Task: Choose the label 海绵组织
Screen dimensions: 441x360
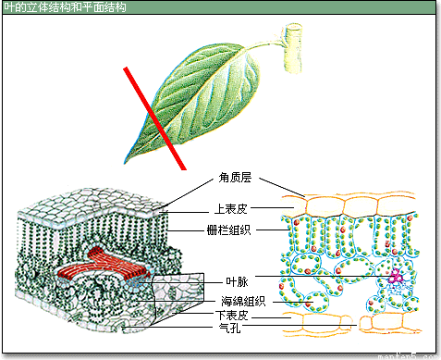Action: point(243,300)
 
